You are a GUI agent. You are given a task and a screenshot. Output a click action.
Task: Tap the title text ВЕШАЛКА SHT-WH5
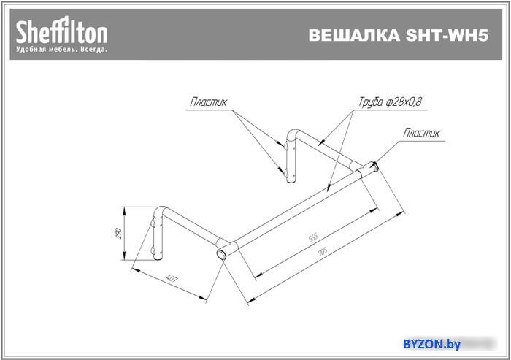click(x=399, y=35)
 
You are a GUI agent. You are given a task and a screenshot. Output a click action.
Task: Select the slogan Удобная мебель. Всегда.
click(x=61, y=50)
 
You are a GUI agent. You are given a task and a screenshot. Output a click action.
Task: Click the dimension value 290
click(x=118, y=233)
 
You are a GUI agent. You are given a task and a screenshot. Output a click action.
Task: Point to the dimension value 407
click(x=172, y=279)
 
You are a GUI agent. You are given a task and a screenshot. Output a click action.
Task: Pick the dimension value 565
click(x=313, y=237)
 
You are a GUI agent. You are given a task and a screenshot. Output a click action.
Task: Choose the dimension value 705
click(x=323, y=251)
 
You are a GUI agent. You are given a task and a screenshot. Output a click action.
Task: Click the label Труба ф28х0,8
click(x=390, y=102)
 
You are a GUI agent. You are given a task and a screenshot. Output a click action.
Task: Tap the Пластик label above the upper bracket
click(x=208, y=102)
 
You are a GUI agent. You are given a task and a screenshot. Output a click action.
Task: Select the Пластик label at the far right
click(x=421, y=133)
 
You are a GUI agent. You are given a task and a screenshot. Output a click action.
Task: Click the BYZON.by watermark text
click(x=432, y=344)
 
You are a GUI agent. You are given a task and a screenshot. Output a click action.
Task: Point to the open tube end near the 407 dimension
click(x=221, y=254)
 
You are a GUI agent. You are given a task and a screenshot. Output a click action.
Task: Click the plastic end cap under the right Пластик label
click(x=375, y=166)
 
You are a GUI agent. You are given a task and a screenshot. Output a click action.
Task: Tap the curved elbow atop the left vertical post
click(x=159, y=212)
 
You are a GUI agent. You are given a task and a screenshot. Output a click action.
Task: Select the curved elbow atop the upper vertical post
click(x=292, y=134)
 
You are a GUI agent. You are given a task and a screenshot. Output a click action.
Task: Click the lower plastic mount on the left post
click(x=153, y=250)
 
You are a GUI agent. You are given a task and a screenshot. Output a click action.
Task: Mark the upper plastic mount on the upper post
click(x=285, y=145)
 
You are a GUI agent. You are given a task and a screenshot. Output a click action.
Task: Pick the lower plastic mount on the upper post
click(x=285, y=173)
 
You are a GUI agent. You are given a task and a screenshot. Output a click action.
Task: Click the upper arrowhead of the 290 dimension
click(x=124, y=210)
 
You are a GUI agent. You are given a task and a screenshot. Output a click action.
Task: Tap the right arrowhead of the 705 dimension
click(x=401, y=213)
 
